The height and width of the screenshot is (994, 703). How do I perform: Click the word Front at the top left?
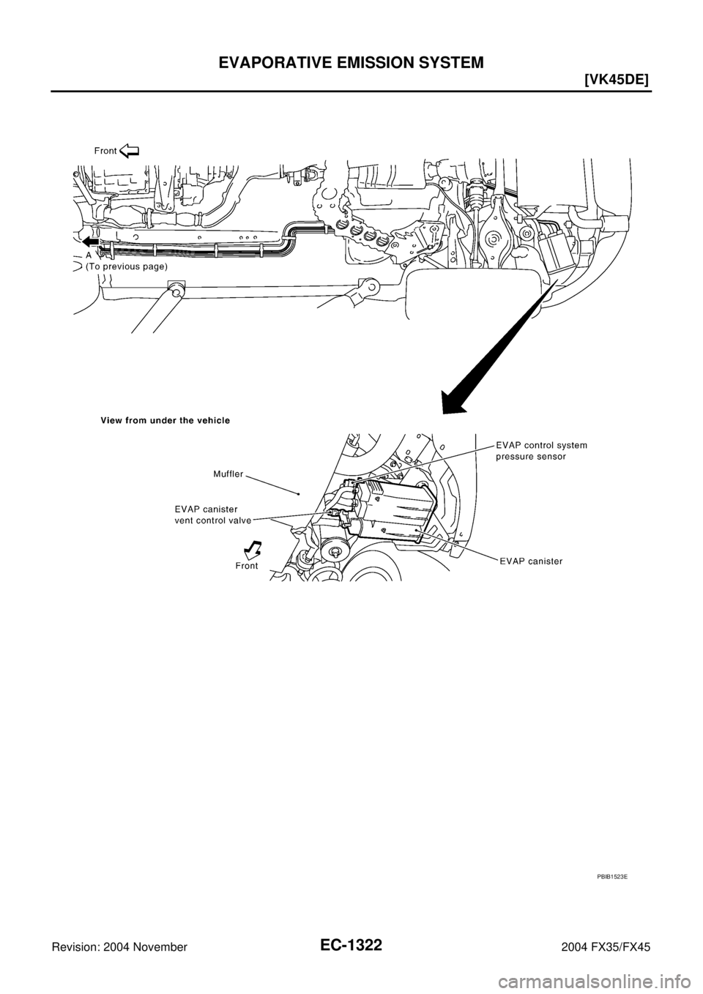click(x=105, y=150)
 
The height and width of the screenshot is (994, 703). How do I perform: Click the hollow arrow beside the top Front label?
click(x=129, y=151)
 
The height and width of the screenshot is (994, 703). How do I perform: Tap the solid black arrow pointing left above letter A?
click(x=90, y=242)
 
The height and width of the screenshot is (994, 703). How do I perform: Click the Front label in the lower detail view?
click(x=247, y=566)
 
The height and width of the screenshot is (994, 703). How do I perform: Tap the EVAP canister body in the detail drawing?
click(x=395, y=512)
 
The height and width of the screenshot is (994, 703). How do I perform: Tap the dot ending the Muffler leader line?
click(x=300, y=493)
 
